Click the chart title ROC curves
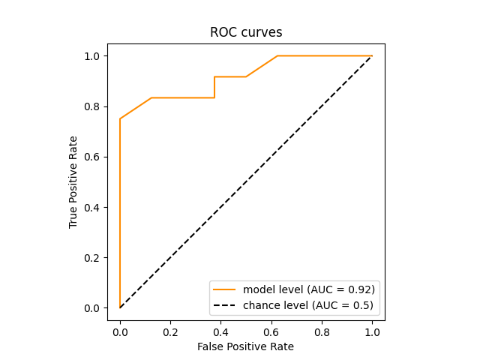(x=240, y=32)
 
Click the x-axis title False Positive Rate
(x=245, y=346)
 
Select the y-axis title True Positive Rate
(x=73, y=182)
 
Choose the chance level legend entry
(x=307, y=305)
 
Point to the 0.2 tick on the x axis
(x=170, y=331)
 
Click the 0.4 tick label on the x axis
(x=220, y=331)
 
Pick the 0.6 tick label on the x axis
(x=271, y=331)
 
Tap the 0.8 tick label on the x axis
(x=322, y=331)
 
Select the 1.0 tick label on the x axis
(x=372, y=331)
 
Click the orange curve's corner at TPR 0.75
(x=120, y=118)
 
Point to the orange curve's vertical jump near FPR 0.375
(x=214, y=87)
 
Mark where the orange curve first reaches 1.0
(x=277, y=56)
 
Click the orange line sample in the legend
(x=224, y=289)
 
